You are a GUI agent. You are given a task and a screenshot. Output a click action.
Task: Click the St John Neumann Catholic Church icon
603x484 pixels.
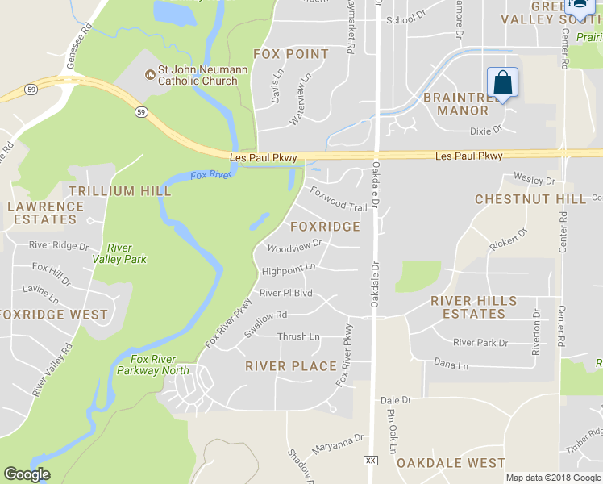point(149,75)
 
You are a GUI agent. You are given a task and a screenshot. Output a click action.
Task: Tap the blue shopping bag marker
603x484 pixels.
point(502,83)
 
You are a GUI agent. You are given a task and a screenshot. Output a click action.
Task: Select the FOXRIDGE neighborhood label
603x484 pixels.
point(325,227)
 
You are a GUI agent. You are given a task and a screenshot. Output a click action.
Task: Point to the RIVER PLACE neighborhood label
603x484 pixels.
point(291,366)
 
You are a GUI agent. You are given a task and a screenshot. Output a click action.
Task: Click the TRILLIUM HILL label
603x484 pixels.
point(120,191)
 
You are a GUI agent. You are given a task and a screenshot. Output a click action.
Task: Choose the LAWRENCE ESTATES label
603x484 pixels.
point(45,212)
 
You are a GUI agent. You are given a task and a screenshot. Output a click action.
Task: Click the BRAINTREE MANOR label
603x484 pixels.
point(456,103)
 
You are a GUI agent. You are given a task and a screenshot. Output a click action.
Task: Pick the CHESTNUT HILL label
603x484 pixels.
point(530,199)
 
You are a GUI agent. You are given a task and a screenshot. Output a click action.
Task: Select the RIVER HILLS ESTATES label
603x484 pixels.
point(474,307)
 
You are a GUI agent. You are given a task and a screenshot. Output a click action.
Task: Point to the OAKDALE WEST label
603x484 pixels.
point(451,463)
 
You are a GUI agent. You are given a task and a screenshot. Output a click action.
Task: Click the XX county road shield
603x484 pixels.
point(371,460)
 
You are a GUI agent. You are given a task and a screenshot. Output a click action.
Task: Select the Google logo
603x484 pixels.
point(27,474)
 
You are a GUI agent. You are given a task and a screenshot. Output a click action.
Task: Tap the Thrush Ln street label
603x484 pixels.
point(298,336)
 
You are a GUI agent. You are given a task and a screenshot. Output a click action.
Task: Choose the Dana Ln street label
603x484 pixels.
point(451,365)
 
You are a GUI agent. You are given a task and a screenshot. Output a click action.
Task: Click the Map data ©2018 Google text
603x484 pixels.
point(553,478)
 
